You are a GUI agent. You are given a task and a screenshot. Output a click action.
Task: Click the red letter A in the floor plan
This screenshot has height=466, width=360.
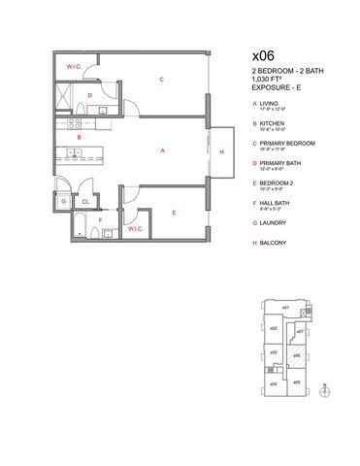coord(161,150)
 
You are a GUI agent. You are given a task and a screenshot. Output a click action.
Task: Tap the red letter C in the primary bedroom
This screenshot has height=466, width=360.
coord(161,80)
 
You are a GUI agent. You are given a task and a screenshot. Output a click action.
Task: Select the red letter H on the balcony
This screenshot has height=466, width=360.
coord(222,152)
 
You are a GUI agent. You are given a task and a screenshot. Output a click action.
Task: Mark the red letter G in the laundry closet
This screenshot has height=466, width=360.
coord(63,202)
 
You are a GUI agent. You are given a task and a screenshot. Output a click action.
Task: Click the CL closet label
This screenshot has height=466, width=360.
coord(85,202)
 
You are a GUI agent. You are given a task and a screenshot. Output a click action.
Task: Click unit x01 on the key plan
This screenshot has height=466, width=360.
coord(285,309)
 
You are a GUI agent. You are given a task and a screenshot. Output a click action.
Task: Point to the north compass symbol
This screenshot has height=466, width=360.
coord(324,390)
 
